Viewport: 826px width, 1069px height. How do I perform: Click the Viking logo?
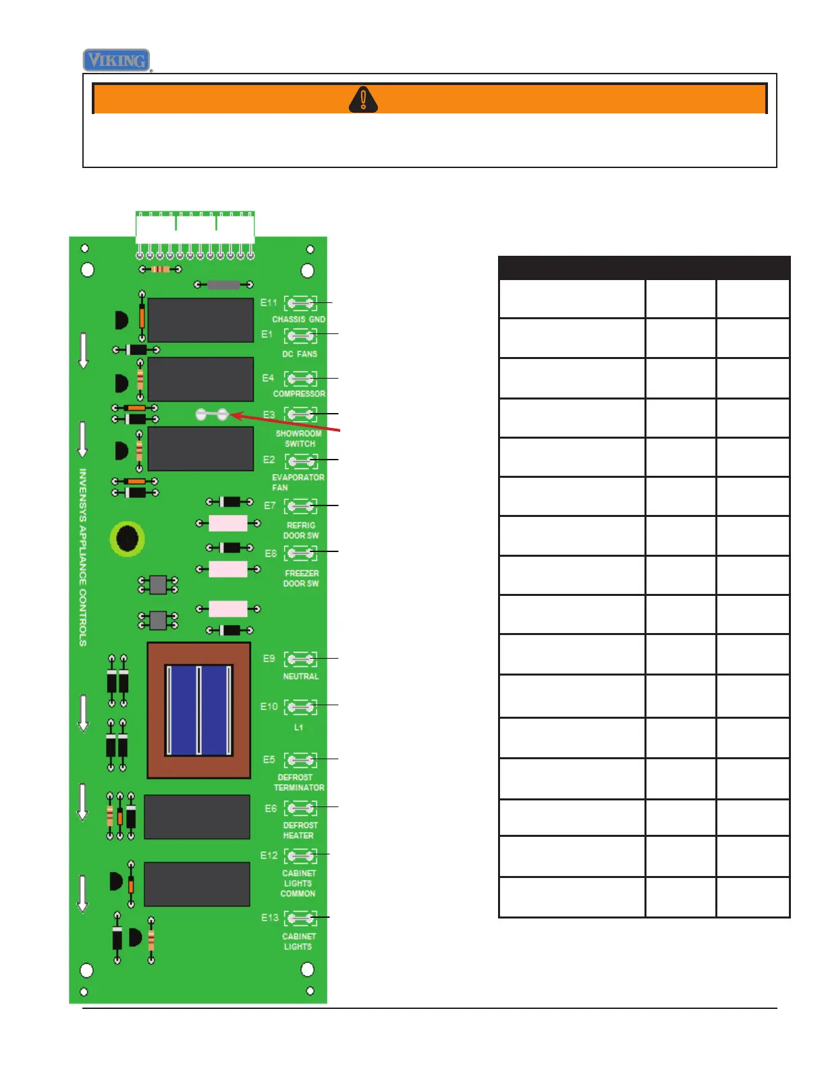[116, 60]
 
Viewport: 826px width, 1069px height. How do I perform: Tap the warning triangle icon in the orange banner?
[363, 99]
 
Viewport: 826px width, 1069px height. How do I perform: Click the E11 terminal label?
[269, 303]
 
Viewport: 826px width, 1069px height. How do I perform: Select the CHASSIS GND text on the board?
[298, 319]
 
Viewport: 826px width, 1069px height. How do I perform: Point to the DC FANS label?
[299, 354]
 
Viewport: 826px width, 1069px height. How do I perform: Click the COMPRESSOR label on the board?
[299, 393]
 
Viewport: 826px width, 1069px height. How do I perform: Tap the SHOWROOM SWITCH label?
[299, 439]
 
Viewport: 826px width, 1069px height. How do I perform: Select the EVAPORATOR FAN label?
[297, 482]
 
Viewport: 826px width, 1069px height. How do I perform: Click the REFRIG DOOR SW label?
[301, 530]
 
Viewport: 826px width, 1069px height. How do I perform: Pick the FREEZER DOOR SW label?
[301, 578]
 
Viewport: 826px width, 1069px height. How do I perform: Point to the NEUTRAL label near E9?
[300, 676]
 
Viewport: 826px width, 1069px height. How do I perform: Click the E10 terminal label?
[269, 707]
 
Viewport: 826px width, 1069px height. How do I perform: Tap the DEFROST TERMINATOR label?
[299, 782]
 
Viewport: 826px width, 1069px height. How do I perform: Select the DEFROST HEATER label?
[299, 830]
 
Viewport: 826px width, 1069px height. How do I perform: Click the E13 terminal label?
[269, 918]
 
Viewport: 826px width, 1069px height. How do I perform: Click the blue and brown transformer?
[198, 710]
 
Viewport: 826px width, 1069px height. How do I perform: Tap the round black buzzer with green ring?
[127, 539]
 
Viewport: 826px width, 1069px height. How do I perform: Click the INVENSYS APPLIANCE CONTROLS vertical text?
[83, 557]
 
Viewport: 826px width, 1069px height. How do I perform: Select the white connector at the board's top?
[195, 228]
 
